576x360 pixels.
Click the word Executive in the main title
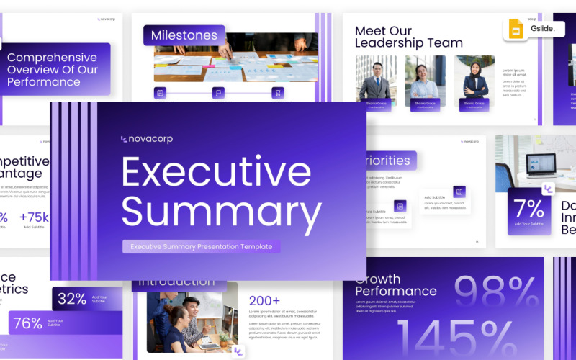pyautogui.click(x=217, y=171)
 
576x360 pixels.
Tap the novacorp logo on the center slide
pyautogui.click(x=147, y=139)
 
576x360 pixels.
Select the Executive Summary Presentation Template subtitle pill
pyautogui.click(x=201, y=246)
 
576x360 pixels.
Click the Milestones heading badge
pyautogui.click(x=184, y=35)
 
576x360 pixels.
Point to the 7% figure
pyautogui.click(x=529, y=209)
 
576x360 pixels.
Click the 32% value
pyautogui.click(x=72, y=298)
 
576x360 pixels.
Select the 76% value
pyautogui.click(x=28, y=323)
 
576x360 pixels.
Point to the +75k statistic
pyautogui.click(x=35, y=217)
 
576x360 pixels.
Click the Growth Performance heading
pyautogui.click(x=395, y=285)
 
